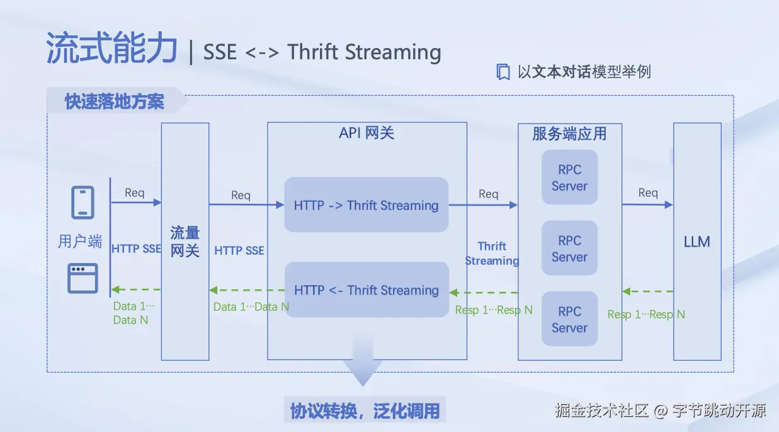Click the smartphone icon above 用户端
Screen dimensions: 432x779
tap(83, 202)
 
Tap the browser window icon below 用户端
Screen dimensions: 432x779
tap(83, 278)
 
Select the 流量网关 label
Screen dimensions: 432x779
tap(185, 242)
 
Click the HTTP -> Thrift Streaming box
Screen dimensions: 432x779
tap(366, 205)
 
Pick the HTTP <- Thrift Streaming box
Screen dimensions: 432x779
tap(366, 290)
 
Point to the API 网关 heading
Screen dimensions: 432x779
tap(367, 133)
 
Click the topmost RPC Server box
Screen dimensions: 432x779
tap(569, 177)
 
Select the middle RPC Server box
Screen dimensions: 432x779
tap(569, 248)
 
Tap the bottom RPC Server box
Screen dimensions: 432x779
tap(569, 319)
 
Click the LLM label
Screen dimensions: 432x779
tap(697, 242)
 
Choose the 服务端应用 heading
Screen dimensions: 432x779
tap(569, 134)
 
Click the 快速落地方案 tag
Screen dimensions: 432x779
tap(115, 102)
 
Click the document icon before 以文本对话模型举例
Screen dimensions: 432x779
tap(503, 72)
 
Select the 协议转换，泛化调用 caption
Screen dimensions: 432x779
tap(365, 411)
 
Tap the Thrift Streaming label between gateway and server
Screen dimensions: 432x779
tap(492, 253)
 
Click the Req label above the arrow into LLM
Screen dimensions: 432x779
tap(648, 193)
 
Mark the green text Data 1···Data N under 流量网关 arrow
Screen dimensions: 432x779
tap(251, 307)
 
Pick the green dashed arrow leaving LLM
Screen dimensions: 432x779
tap(647, 291)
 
